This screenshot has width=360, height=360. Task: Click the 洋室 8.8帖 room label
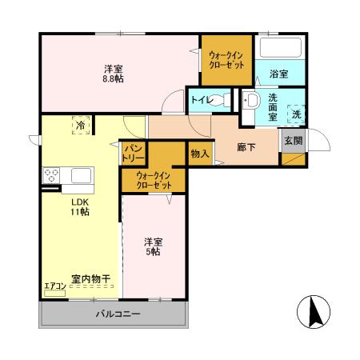(112, 74)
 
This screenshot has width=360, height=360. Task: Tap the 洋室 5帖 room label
(153, 246)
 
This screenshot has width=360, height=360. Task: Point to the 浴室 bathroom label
(279, 74)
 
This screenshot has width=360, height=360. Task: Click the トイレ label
(199, 101)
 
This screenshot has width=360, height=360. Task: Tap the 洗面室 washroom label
(273, 106)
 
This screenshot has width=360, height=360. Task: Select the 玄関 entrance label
(293, 140)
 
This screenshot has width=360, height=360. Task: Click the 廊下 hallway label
(246, 147)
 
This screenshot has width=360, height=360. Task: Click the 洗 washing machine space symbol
(297, 114)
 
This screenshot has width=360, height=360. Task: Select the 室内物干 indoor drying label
(90, 278)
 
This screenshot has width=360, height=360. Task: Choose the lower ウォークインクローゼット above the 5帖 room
(154, 180)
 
